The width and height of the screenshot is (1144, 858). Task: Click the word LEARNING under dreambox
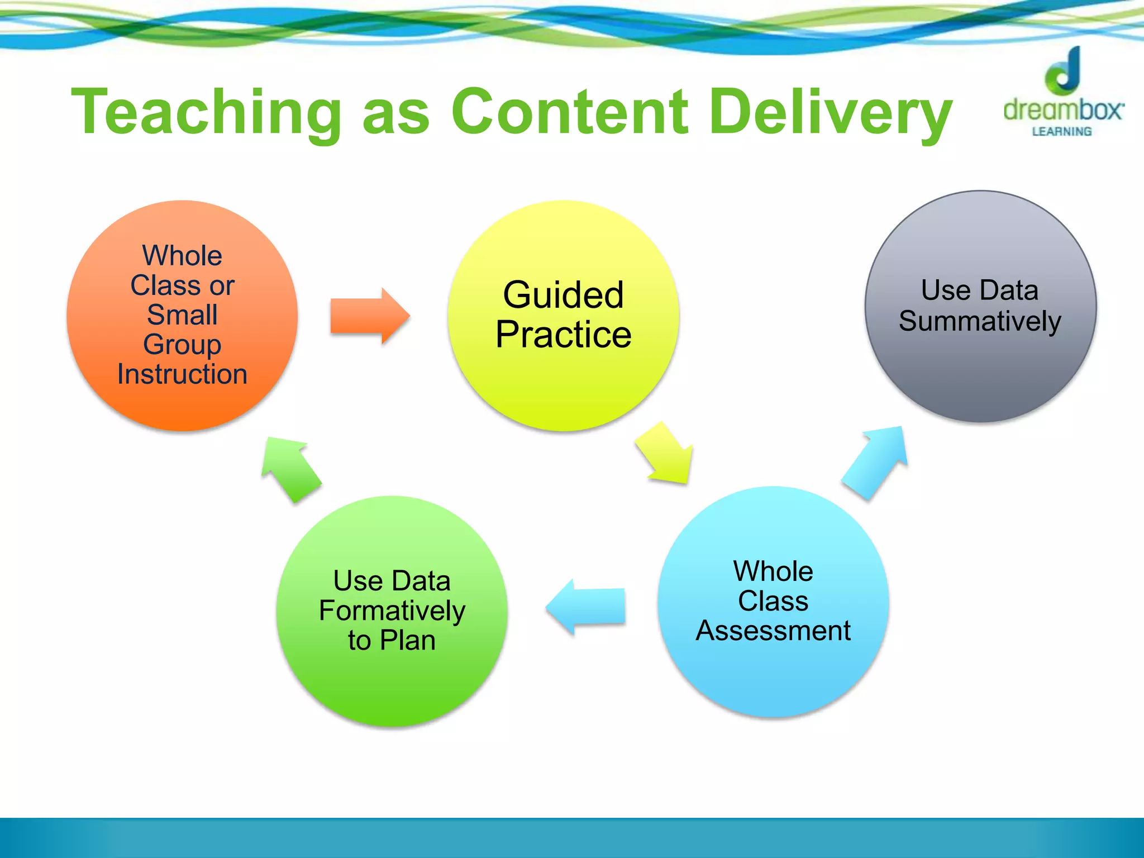1061,132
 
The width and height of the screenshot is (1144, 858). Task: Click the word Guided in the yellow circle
563,294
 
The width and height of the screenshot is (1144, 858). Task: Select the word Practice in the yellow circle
564,335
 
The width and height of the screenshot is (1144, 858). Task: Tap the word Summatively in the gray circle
980,321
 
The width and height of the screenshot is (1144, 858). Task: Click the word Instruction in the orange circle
182,374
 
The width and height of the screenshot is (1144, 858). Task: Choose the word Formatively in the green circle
392,611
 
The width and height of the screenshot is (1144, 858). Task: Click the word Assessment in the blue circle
773,631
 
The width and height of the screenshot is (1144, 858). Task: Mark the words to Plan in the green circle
392,640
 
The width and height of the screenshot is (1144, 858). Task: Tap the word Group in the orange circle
182,345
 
